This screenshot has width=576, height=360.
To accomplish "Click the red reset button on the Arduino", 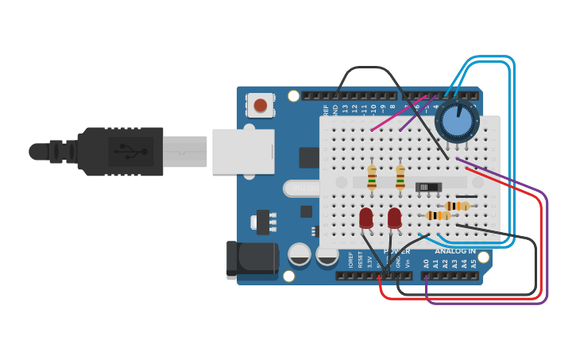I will click(x=260, y=105).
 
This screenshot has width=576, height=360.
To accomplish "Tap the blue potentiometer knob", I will click(x=456, y=121).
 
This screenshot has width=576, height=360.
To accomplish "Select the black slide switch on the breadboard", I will click(x=428, y=187).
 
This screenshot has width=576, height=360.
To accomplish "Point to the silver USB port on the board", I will click(x=243, y=151).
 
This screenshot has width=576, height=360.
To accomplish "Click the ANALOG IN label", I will click(x=455, y=251).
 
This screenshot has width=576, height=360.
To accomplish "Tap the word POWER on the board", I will click(x=396, y=251).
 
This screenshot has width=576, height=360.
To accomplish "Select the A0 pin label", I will click(x=426, y=263).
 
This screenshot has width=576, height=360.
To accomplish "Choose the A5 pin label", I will click(x=474, y=263).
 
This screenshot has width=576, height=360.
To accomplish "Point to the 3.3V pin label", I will click(x=369, y=261).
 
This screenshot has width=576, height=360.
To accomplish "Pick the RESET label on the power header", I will click(x=360, y=260).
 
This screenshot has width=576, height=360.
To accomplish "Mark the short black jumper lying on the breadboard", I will click(x=466, y=196).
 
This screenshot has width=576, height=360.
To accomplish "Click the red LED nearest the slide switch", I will click(x=394, y=217).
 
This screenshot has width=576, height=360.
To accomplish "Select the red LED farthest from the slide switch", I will click(x=366, y=217).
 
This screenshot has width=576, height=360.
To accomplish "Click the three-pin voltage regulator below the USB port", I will click(x=263, y=221).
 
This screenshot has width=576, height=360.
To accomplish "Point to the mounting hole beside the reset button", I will click(x=293, y=96).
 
